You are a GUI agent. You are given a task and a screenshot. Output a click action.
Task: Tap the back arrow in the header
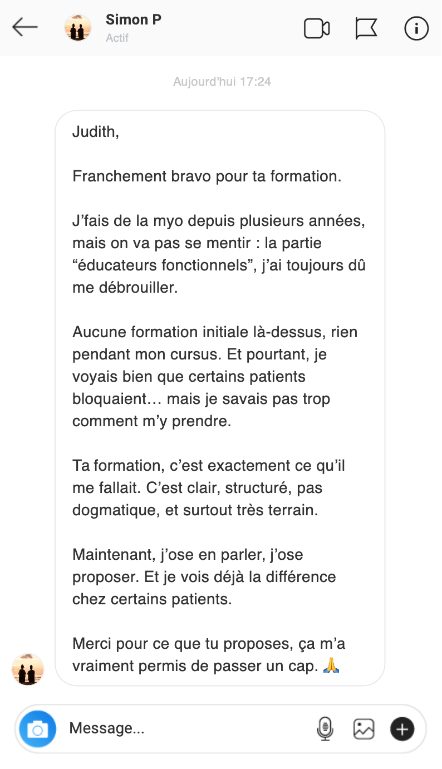click(x=25, y=27)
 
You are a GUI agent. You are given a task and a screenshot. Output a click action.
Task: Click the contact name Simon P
click(x=134, y=20)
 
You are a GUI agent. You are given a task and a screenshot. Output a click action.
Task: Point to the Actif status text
click(x=117, y=38)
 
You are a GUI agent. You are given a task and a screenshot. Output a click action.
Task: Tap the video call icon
click(x=317, y=28)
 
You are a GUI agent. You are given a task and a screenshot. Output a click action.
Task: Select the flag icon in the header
click(x=366, y=28)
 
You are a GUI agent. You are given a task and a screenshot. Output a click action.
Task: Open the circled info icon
click(x=416, y=28)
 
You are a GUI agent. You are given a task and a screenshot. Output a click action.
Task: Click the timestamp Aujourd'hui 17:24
click(x=222, y=82)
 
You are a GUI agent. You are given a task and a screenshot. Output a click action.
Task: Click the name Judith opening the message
click(x=95, y=132)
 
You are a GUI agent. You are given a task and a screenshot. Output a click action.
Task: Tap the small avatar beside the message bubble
click(x=28, y=669)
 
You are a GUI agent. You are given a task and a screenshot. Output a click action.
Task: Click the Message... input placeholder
click(x=107, y=728)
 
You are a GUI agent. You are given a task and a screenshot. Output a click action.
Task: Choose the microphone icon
click(x=325, y=728)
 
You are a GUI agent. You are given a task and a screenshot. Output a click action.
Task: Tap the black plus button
click(x=402, y=728)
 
